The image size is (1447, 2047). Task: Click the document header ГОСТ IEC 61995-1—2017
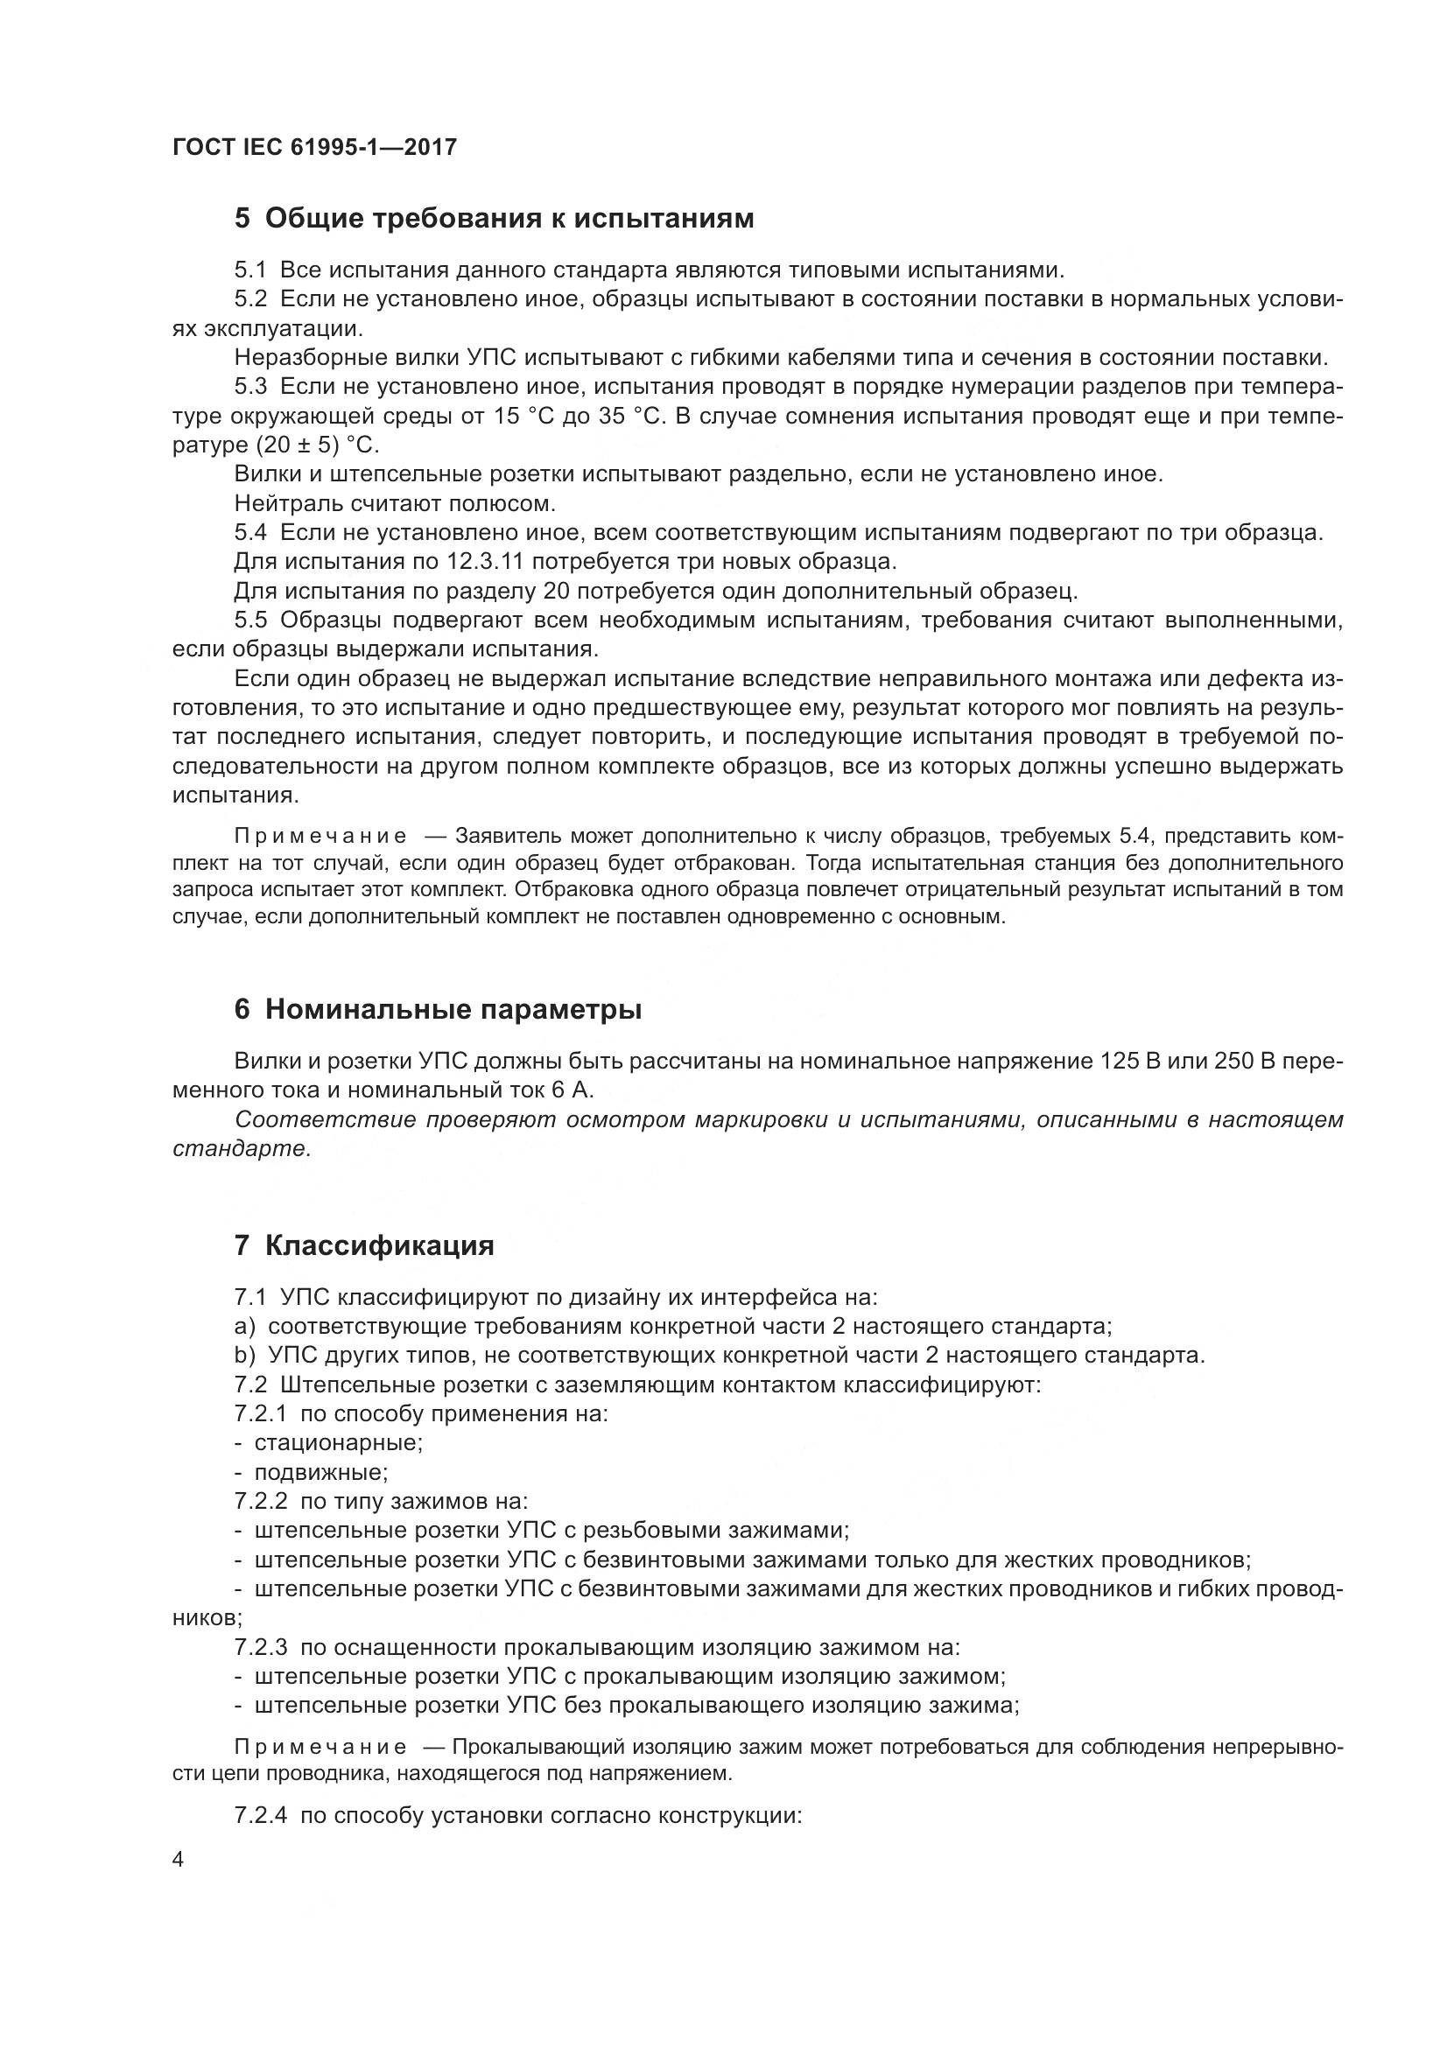[x=314, y=147]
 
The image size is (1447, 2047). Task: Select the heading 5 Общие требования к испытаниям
[x=494, y=218]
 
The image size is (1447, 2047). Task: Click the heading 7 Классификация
[x=364, y=1244]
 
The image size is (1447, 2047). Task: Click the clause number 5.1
[x=250, y=270]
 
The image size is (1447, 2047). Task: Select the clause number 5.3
[x=250, y=387]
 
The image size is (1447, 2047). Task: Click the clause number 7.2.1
[x=260, y=1413]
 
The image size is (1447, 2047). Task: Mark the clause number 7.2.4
[x=260, y=1816]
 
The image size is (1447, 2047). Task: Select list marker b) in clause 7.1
[x=244, y=1355]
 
